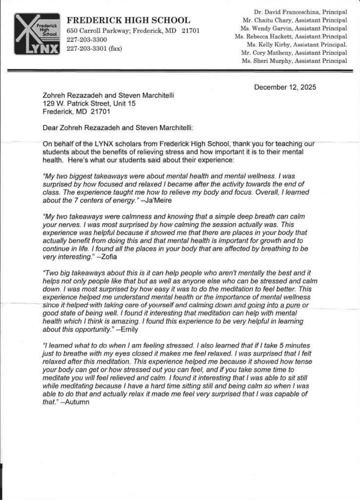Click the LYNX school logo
click(x=38, y=34)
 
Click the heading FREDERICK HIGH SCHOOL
click(x=128, y=20)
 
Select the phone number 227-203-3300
click(x=87, y=40)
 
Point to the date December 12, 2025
click(x=285, y=87)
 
